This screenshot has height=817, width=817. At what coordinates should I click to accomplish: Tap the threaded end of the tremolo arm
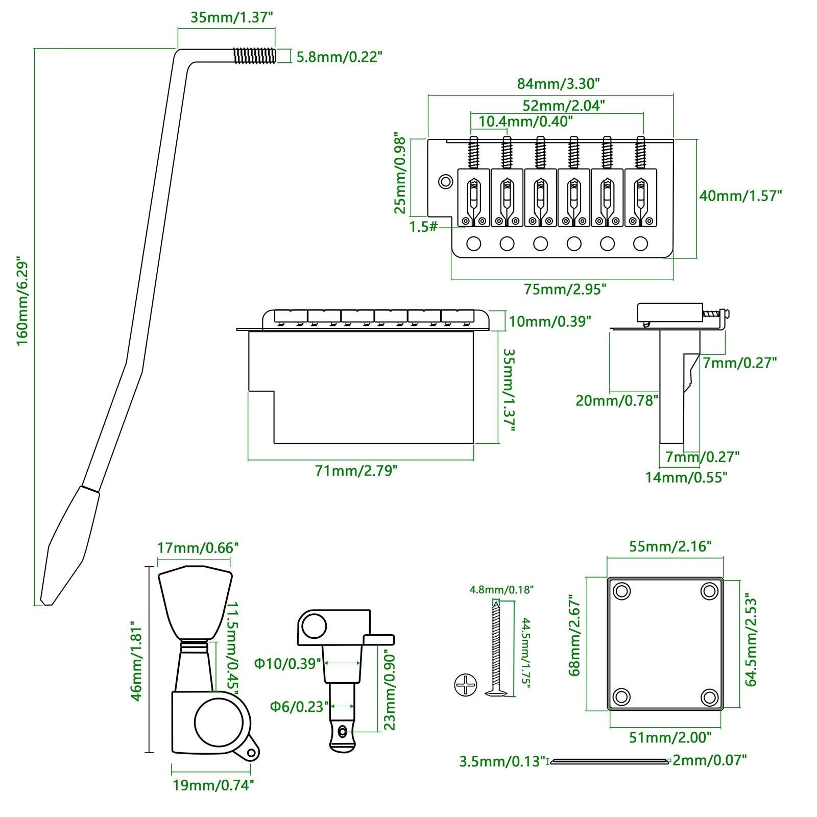click(254, 56)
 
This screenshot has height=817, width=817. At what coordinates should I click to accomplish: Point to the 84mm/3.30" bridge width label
click(558, 83)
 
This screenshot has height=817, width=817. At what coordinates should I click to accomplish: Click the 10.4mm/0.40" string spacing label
click(526, 122)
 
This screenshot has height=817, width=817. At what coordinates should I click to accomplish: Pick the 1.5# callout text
click(424, 226)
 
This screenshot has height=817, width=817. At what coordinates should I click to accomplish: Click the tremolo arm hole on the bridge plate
click(446, 181)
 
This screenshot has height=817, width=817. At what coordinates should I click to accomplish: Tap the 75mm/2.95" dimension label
click(565, 289)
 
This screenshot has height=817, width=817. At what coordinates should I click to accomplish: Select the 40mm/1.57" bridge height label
click(740, 196)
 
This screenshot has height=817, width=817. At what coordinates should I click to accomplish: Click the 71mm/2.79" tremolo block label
click(356, 470)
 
